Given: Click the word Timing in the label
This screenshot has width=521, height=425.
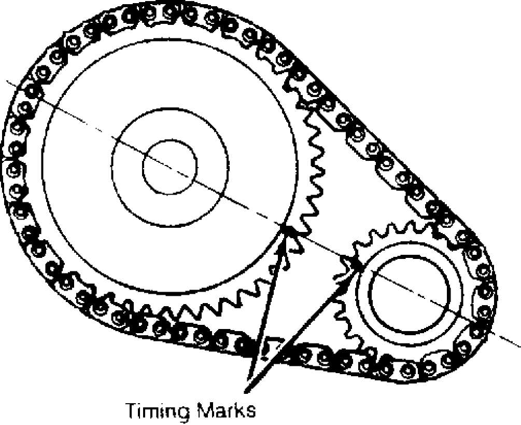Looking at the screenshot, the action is pyautogui.click(x=158, y=411).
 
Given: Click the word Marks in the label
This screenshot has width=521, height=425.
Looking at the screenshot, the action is pyautogui.click(x=227, y=410).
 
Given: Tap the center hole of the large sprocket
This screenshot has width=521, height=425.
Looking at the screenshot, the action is pyautogui.click(x=170, y=167).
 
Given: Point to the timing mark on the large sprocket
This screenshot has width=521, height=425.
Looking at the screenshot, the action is pyautogui.click(x=286, y=229).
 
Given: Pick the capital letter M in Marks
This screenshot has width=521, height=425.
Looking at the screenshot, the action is pyautogui.click(x=206, y=410).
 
